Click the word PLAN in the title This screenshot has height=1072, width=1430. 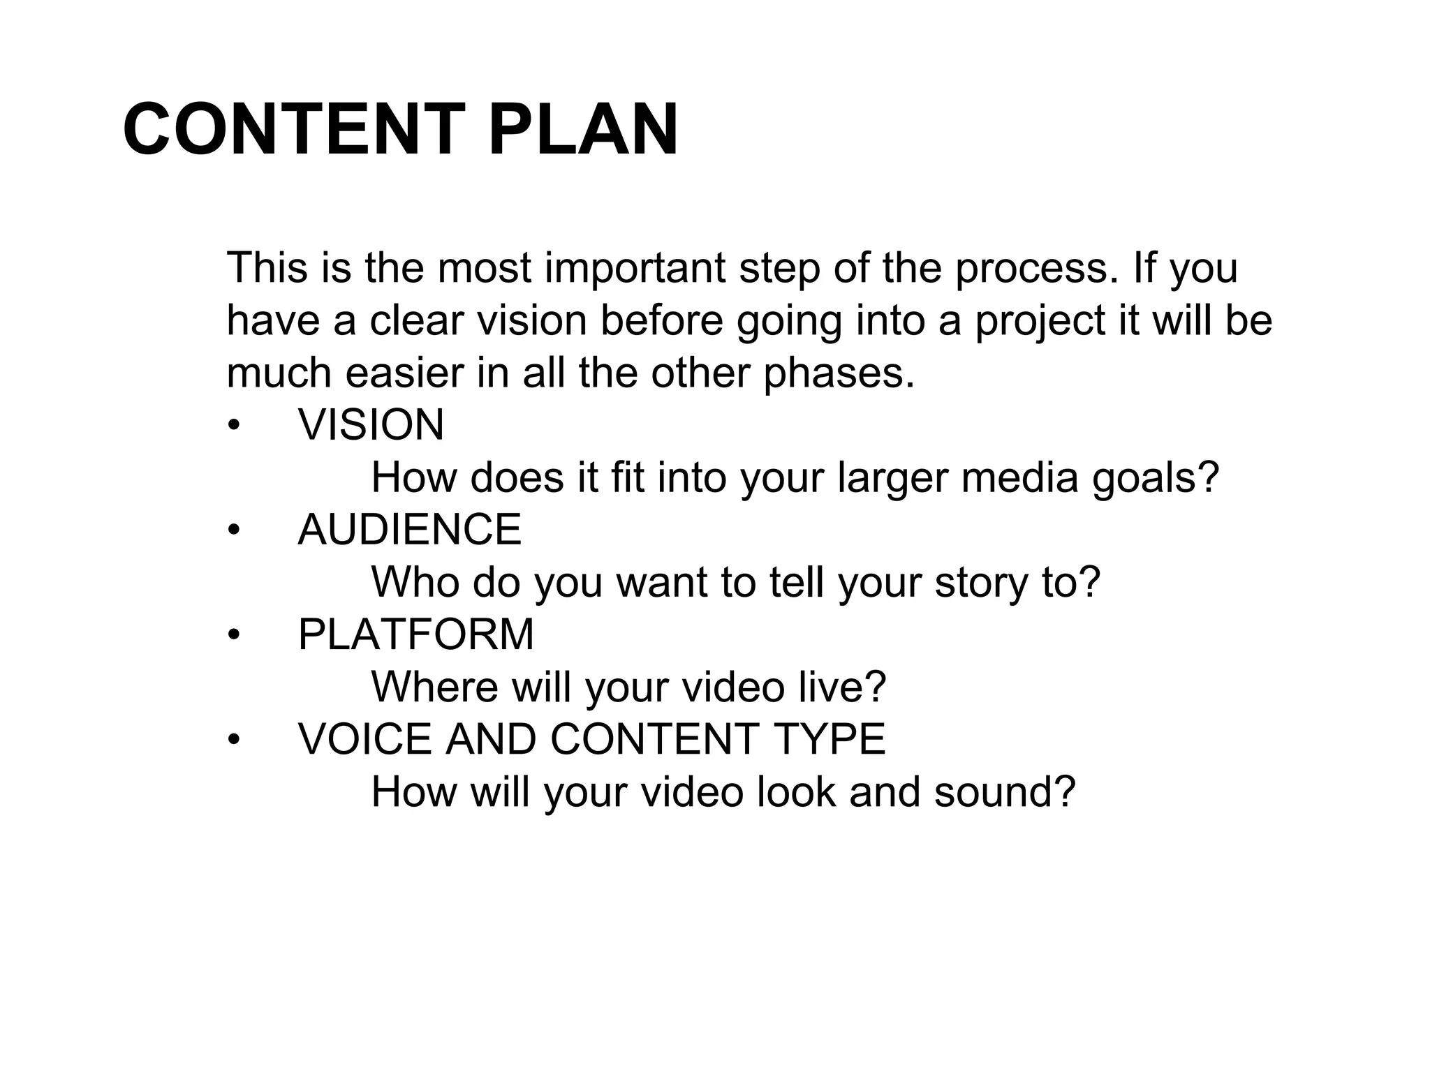pyautogui.click(x=583, y=130)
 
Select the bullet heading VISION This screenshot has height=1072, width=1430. pyautogui.click(x=371, y=425)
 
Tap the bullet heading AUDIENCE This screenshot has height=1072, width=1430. pyautogui.click(x=409, y=530)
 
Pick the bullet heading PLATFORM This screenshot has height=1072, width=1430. pyautogui.click(x=415, y=634)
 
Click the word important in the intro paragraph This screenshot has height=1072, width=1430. pyautogui.click(x=635, y=268)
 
